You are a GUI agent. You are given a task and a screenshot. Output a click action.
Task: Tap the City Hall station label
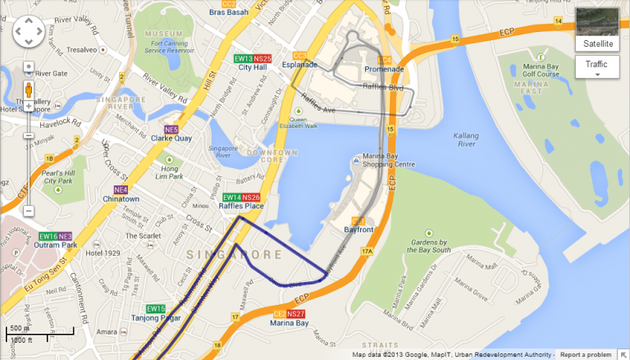click(253, 68)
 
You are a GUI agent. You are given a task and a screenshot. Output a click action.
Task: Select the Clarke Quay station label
click(172, 138)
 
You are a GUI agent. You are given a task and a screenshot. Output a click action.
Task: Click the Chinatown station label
click(121, 198)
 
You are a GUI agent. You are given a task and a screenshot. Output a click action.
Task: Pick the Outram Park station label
click(57, 244)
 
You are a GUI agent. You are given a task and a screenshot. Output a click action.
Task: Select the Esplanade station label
click(299, 65)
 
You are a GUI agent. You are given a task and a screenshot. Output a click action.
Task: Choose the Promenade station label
click(390, 69)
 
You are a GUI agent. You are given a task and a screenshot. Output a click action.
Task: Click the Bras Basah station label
click(228, 13)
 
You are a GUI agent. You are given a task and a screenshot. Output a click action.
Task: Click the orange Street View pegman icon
click(28, 89)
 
